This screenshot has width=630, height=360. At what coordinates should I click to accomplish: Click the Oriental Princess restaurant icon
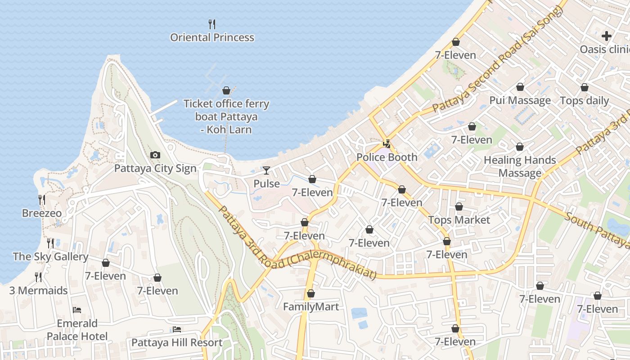[212, 24]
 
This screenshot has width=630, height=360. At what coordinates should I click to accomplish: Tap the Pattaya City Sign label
[155, 169]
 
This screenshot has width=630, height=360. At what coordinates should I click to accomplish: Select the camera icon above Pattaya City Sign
[155, 155]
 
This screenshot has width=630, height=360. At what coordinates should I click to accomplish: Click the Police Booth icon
[387, 144]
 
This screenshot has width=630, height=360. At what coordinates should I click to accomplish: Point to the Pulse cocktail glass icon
[266, 171]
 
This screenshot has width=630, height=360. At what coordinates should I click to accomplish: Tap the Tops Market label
[459, 220]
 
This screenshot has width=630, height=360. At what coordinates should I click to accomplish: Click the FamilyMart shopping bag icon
[310, 294]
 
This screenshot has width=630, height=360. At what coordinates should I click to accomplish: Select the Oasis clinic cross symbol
[607, 36]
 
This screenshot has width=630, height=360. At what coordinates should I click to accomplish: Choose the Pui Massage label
[520, 101]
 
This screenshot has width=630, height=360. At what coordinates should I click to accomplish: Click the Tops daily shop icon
[585, 87]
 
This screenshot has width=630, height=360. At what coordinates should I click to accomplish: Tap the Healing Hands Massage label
[520, 166]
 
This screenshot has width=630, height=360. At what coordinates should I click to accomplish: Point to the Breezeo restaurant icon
[41, 200]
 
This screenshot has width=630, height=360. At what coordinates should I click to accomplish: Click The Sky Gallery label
[50, 257]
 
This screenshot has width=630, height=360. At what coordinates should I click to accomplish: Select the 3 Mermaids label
[39, 291]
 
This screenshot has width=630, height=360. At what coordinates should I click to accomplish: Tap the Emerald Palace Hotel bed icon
[77, 310]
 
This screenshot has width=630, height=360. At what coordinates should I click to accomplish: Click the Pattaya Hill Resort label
[177, 343]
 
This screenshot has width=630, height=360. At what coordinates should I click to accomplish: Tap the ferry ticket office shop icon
[226, 90]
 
